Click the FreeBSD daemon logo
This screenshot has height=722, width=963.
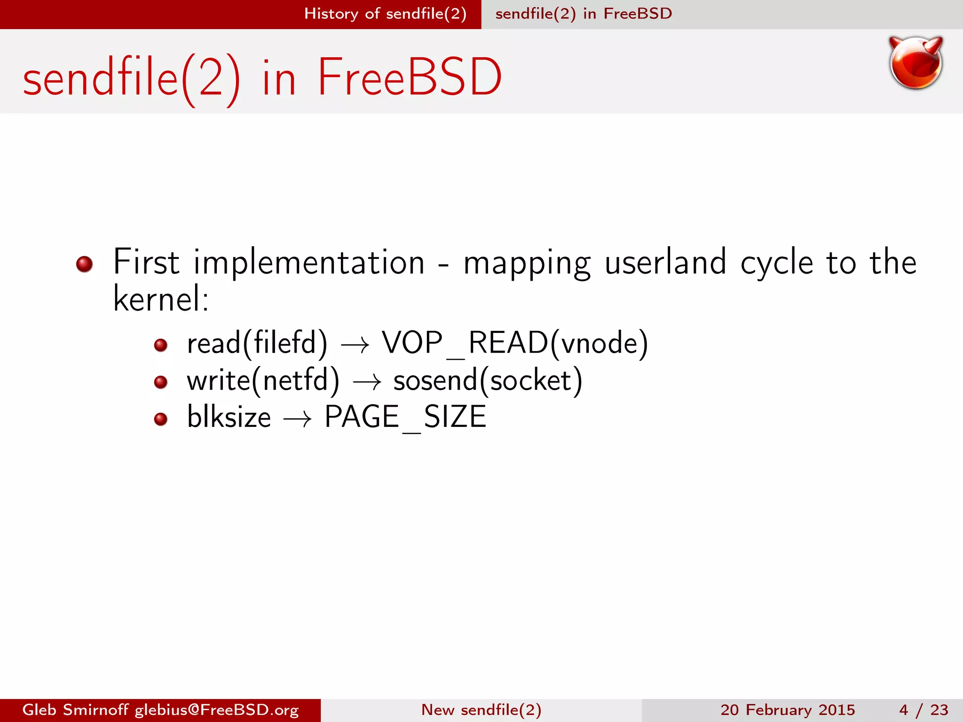(916, 63)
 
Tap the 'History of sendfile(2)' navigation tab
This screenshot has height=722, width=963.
(385, 14)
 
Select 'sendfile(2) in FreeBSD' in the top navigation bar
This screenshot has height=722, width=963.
(584, 14)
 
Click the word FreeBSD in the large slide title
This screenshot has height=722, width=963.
(410, 78)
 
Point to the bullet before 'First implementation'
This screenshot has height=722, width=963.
(85, 264)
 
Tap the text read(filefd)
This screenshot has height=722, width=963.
(257, 343)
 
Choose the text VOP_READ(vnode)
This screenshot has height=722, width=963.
(515, 343)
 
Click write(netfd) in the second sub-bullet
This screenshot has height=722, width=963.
(263, 380)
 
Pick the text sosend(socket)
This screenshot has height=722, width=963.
(488, 380)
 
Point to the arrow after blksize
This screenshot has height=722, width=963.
(297, 419)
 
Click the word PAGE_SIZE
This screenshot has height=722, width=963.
(405, 417)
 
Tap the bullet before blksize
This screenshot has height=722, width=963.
(161, 419)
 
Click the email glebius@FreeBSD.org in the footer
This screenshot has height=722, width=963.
(217, 710)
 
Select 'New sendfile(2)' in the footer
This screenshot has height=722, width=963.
(481, 710)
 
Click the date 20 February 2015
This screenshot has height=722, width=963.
(788, 710)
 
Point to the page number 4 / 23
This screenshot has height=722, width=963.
(924, 710)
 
